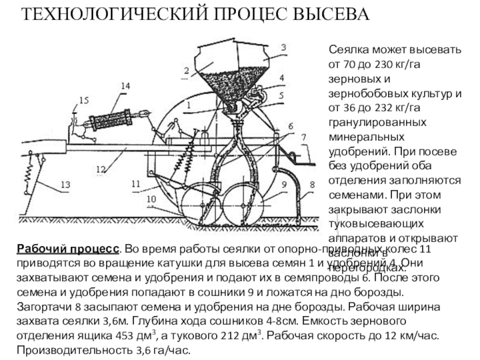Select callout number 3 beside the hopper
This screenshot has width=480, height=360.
pyautogui.click(x=283, y=47)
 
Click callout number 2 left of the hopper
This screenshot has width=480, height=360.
pyautogui.click(x=187, y=70)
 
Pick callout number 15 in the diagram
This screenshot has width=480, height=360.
pyautogui.click(x=83, y=100)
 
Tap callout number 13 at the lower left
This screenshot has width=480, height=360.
pyautogui.click(x=65, y=184)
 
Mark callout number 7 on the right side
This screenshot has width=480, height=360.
pyautogui.click(x=304, y=137)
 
